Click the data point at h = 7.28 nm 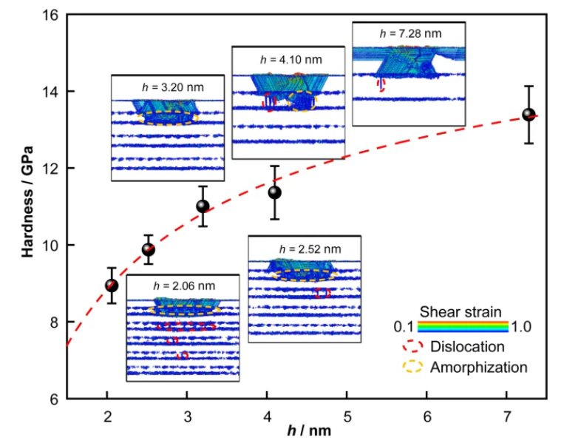pyautogui.click(x=529, y=115)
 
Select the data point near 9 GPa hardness pyautogui.click(x=112, y=285)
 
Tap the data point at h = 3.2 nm pyautogui.click(x=203, y=206)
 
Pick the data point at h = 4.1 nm pyautogui.click(x=275, y=192)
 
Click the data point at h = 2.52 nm pyautogui.click(x=149, y=249)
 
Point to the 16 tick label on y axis pyautogui.click(x=50, y=16)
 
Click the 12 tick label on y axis pyautogui.click(x=50, y=169)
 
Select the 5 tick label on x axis pyautogui.click(x=347, y=416)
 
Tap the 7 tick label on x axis pyautogui.click(x=507, y=416)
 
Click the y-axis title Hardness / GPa pyautogui.click(x=27, y=202)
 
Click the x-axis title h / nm pyautogui.click(x=309, y=430)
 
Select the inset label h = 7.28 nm pyautogui.click(x=410, y=33)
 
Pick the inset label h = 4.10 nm pyautogui.click(x=291, y=59)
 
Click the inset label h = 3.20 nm pyautogui.click(x=173, y=87)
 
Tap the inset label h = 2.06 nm pyautogui.click(x=184, y=285)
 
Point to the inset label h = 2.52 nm pyautogui.click(x=310, y=249)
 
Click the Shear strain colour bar pyautogui.click(x=463, y=326)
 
